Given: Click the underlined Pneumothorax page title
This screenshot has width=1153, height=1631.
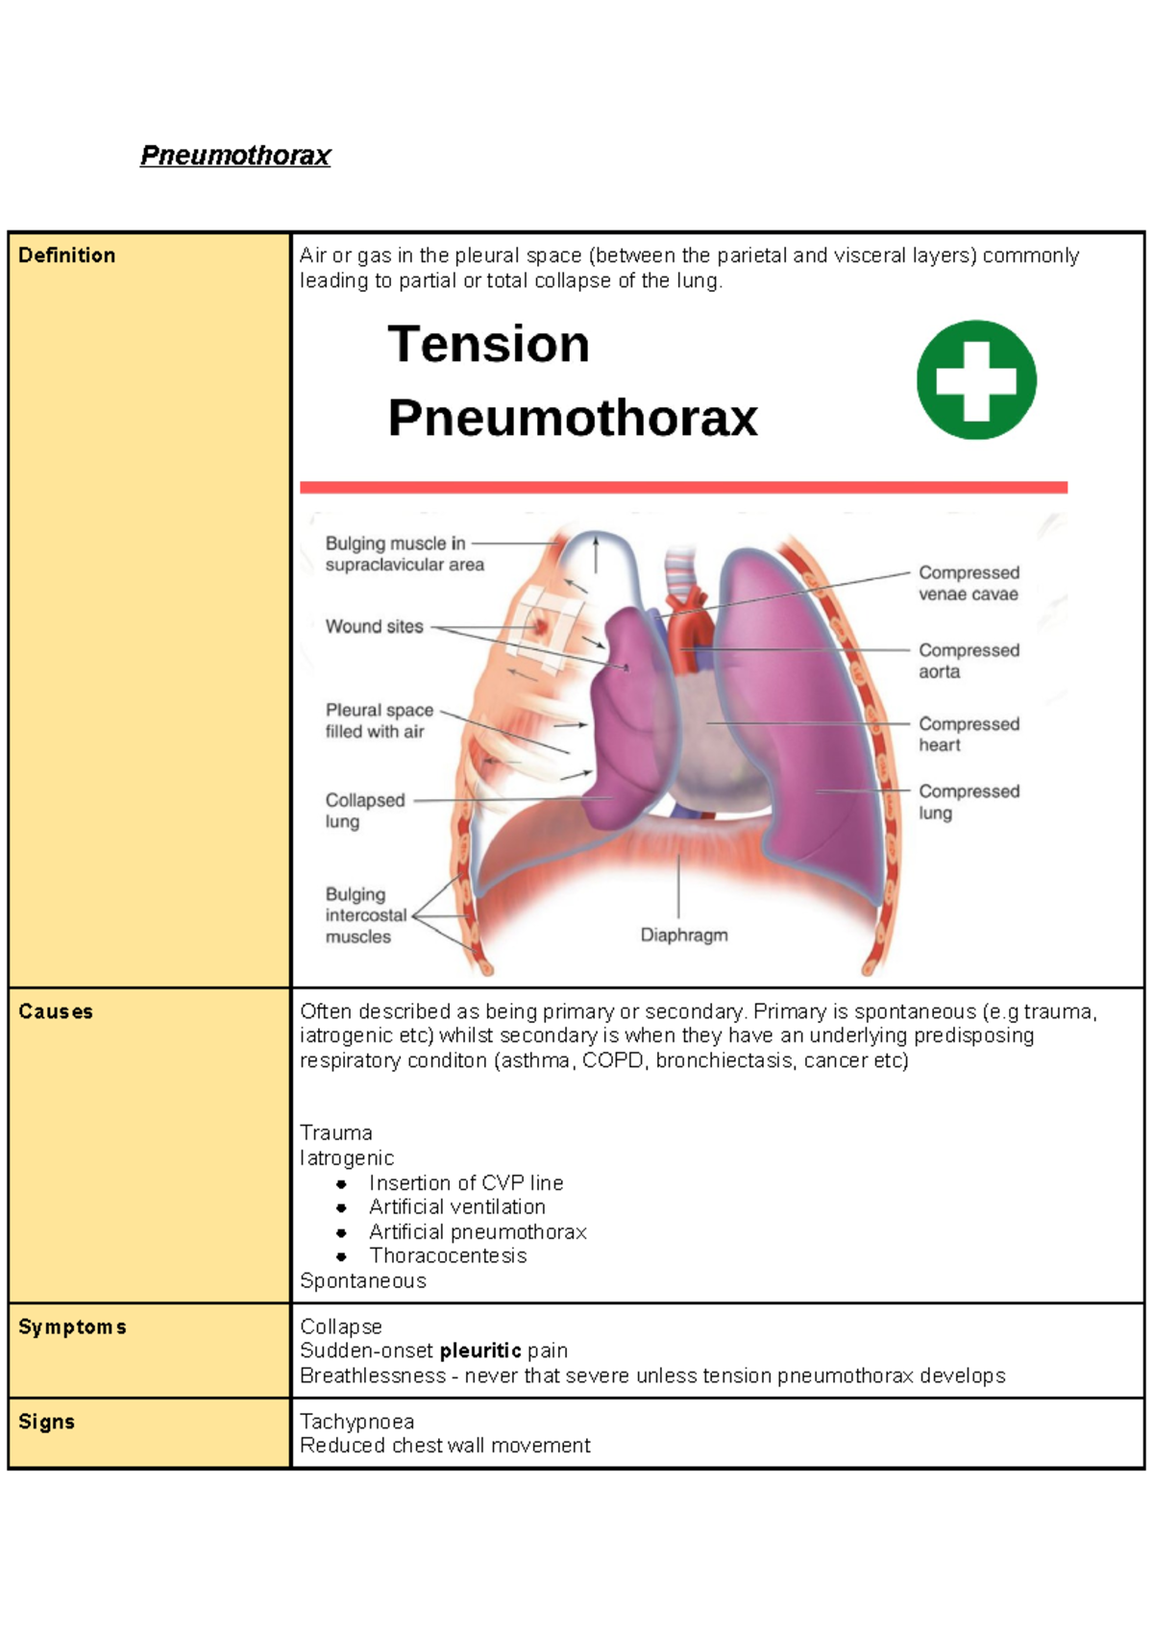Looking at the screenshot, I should coord(235,156).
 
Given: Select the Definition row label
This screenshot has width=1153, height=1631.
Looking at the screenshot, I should coord(66,256).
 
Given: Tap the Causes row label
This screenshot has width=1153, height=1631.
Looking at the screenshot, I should coord(56,1011).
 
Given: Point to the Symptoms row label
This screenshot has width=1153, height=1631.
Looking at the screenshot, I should coord(72,1327).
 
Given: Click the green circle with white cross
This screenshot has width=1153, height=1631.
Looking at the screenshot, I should coord(976,380).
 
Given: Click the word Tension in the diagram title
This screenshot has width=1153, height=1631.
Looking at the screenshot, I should coord(488,344).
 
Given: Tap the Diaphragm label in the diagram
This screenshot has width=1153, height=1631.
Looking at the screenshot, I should coord(684,935).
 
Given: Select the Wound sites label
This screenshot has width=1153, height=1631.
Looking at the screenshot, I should coord(374,626).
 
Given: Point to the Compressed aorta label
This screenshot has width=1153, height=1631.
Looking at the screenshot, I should coord(969,661).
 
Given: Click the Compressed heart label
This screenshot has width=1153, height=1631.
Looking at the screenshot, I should coord(969,734).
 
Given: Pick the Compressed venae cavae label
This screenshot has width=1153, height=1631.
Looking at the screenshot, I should coord(969,583).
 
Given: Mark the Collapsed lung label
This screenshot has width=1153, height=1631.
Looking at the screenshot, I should coord(364,810).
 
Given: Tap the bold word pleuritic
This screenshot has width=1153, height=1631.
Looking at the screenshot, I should coord(480,1351).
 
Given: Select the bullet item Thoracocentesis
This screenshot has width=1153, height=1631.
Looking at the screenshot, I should coord(448,1256).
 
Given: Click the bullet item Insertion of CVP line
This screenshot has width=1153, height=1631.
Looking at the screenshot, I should coord(466,1183).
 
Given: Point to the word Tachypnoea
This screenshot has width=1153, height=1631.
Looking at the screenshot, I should coord(356,1422).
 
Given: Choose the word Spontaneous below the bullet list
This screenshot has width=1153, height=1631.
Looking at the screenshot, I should coord(362,1281).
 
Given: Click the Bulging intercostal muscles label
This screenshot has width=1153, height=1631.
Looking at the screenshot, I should coord(365,915).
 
